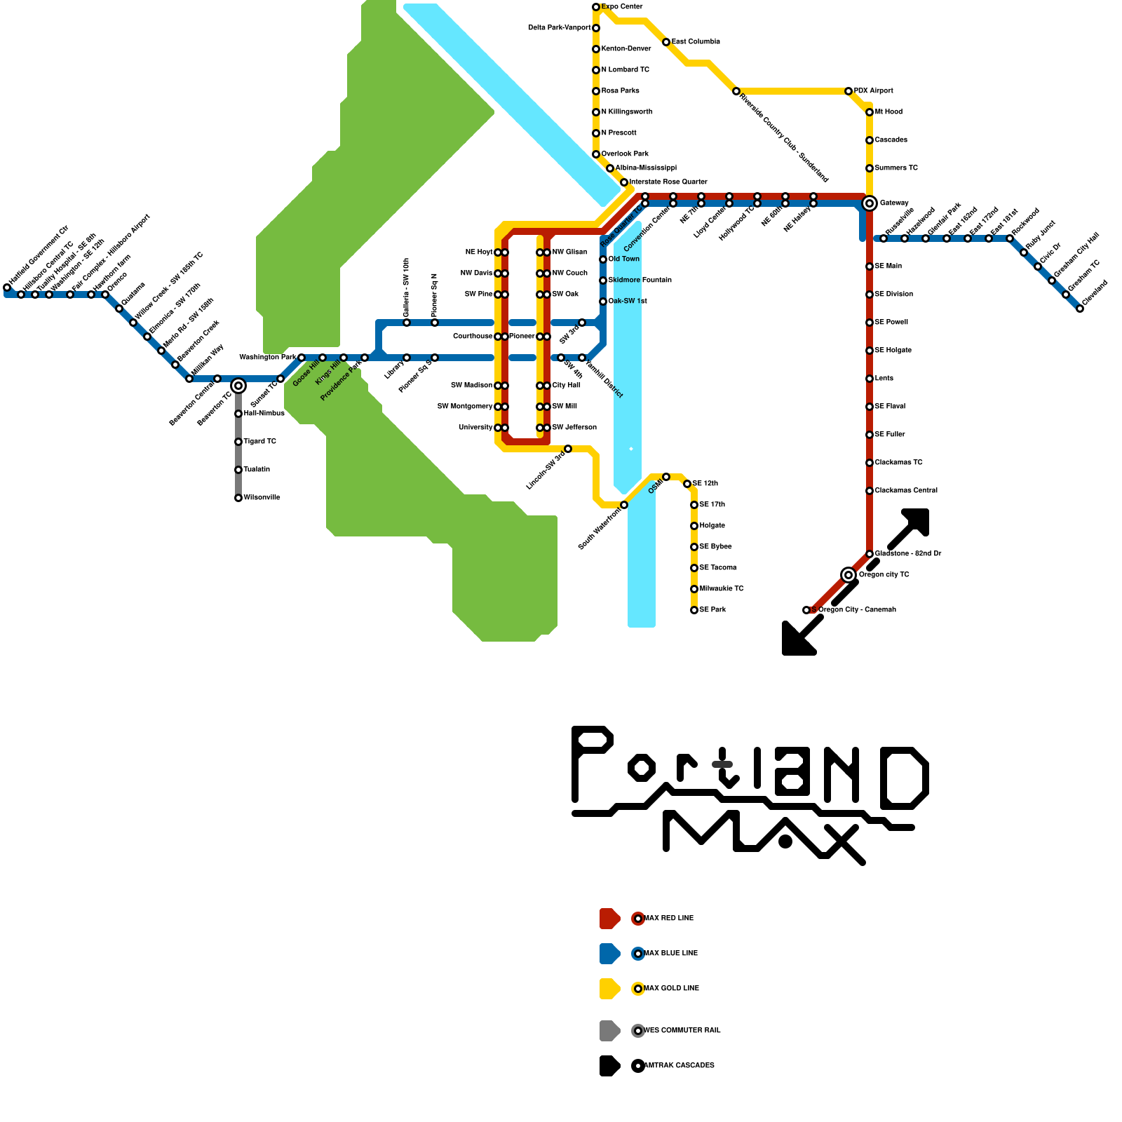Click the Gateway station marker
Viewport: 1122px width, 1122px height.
pos(870,203)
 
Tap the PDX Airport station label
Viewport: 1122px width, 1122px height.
pos(874,91)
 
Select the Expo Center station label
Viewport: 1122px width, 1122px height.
pos(622,7)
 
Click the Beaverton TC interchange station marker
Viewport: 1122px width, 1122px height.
pos(238,386)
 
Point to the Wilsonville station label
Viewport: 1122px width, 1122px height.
pos(262,498)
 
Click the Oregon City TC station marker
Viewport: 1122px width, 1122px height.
pos(849,575)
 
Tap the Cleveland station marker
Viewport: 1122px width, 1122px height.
pos(1080,309)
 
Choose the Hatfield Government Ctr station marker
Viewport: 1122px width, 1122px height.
pos(7,288)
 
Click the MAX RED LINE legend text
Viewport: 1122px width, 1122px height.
pos(669,919)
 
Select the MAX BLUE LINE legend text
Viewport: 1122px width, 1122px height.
pos(671,954)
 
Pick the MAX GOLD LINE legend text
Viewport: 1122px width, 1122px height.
pos(672,989)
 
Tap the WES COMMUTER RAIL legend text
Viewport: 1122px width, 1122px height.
pos(682,1031)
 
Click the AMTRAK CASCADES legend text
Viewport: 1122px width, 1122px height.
pos(680,1066)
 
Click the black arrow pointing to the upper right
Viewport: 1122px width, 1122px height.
pos(912,526)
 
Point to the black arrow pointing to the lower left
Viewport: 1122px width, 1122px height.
pos(799,638)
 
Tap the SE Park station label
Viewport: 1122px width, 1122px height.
pos(713,610)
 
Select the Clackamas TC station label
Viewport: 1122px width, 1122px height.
pos(899,463)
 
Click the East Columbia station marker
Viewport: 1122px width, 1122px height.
pos(666,42)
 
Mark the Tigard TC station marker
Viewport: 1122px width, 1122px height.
pos(238,442)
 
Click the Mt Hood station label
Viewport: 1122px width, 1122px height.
pos(889,112)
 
